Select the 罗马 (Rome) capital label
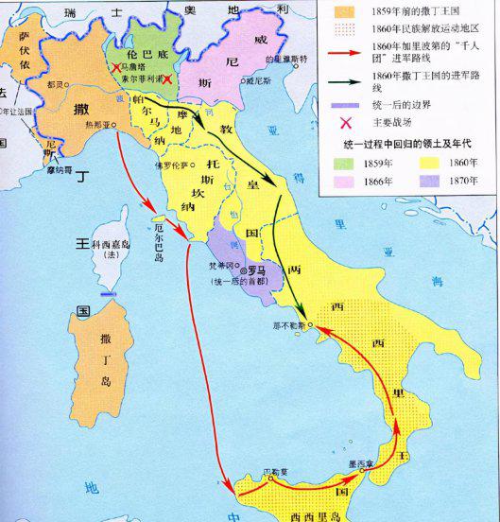coord(253,268)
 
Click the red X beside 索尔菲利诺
coord(168,81)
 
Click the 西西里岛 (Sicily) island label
coord(304,511)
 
